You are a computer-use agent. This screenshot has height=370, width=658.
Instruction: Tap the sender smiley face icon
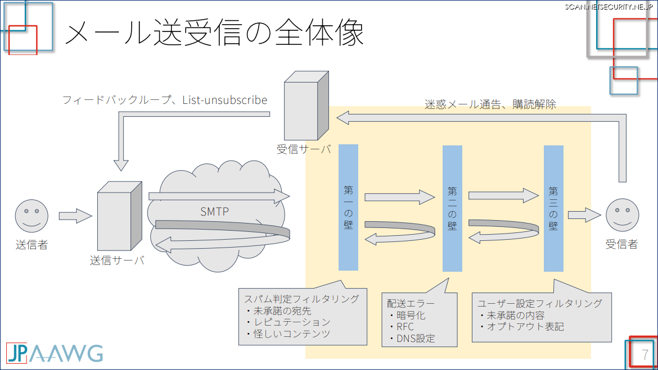[31, 216]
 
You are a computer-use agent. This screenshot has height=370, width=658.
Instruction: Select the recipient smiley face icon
[623, 216]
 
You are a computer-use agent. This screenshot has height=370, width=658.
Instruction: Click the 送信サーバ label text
[117, 261]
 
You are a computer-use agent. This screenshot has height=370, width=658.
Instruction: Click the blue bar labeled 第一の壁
[349, 207]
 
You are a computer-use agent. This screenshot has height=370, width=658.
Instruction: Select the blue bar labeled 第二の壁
[452, 208]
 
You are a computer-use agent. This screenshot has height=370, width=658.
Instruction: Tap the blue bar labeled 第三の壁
[553, 208]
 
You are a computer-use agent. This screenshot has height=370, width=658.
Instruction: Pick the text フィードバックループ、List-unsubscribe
[165, 101]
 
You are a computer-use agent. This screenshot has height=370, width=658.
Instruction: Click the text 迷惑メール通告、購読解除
[490, 104]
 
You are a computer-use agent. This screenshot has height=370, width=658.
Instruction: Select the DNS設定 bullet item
[416, 339]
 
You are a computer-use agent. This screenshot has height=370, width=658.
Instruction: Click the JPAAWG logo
[55, 353]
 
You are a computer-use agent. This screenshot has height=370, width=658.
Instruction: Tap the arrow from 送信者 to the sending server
[75, 216]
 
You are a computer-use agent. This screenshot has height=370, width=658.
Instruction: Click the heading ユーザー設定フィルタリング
[540, 303]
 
